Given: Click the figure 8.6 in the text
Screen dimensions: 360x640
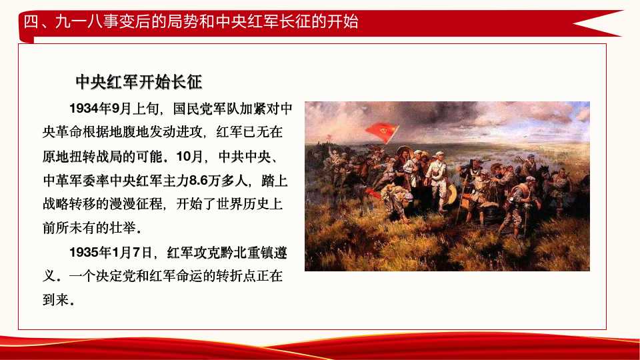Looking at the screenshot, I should point(201,179).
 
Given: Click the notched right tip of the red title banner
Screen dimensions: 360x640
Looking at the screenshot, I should point(587,23).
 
